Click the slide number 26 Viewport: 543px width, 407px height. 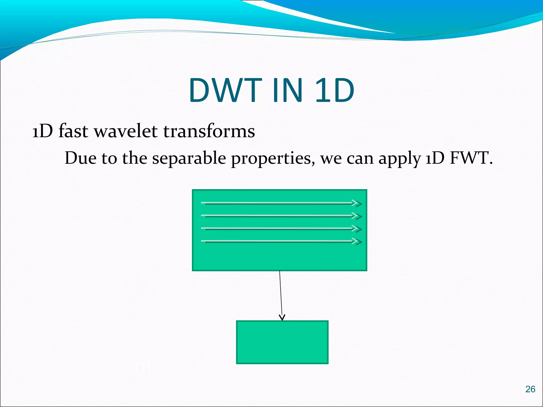pyautogui.click(x=530, y=389)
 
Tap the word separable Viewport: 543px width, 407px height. pyautogui.click(x=189, y=158)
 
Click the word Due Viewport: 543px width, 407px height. pyautogui.click(x=80, y=158)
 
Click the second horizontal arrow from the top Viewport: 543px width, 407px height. pyautogui.click(x=278, y=216)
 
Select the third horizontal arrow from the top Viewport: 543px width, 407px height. pyautogui.click(x=278, y=228)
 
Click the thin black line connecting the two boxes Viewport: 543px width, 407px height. pyautogui.click(x=281, y=291)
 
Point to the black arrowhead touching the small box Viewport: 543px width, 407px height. pyautogui.click(x=282, y=317)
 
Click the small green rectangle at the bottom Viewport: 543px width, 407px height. pyautogui.click(x=282, y=342)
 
